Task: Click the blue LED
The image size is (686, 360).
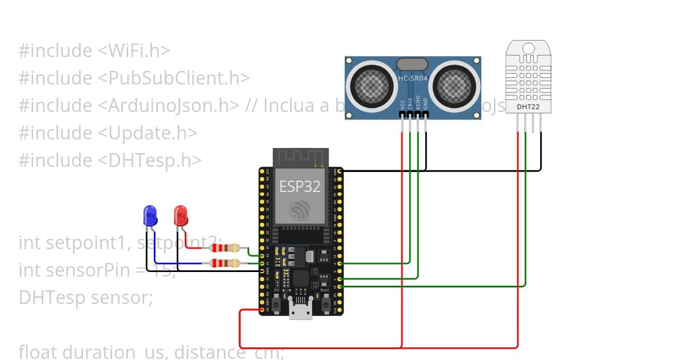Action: [150, 216]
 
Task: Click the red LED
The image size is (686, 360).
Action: [181, 216]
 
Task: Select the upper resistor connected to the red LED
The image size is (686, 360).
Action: [225, 247]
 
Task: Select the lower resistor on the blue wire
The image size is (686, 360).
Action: [225, 263]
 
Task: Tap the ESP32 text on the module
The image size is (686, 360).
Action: [300, 186]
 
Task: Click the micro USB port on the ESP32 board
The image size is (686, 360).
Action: [301, 311]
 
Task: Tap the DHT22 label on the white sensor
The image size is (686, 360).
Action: [528, 106]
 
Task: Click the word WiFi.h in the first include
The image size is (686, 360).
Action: [134, 50]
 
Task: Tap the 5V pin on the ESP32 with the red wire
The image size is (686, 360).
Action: [262, 310]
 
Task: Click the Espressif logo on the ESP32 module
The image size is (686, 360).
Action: [300, 210]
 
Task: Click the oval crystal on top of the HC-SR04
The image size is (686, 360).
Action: [412, 63]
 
